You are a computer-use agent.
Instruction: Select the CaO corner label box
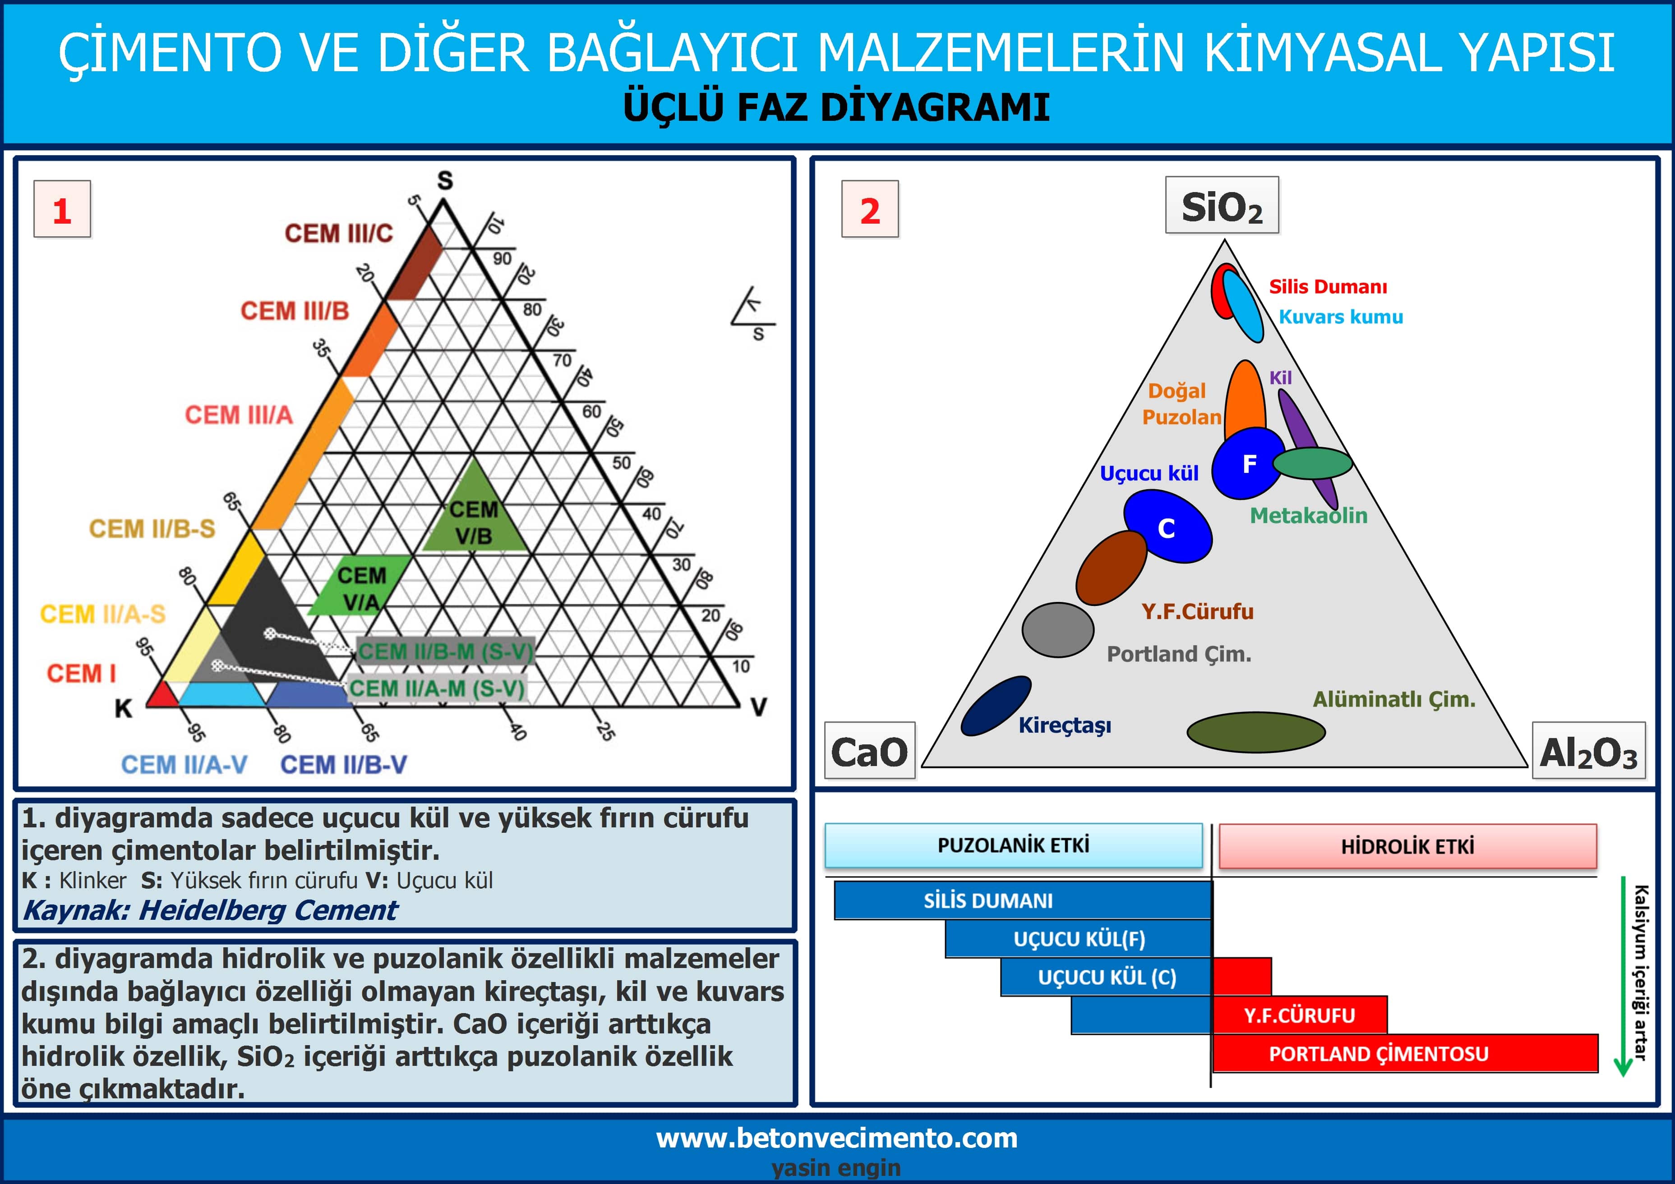point(870,751)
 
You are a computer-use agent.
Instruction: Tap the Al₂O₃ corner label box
point(1589,751)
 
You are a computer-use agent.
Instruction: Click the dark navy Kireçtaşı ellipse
point(996,706)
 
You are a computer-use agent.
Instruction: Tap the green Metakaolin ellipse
point(1312,463)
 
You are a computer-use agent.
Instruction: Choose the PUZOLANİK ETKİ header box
point(1013,846)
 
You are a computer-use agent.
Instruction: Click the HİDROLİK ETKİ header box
point(1407,846)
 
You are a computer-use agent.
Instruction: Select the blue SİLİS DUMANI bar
point(1023,900)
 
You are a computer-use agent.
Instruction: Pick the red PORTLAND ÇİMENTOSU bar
point(1405,1054)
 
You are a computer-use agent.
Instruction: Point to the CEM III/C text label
point(338,233)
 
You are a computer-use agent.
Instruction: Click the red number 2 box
point(870,209)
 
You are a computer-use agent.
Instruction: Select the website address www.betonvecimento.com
point(837,1138)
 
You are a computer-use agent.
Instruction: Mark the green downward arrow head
point(1623,1066)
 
